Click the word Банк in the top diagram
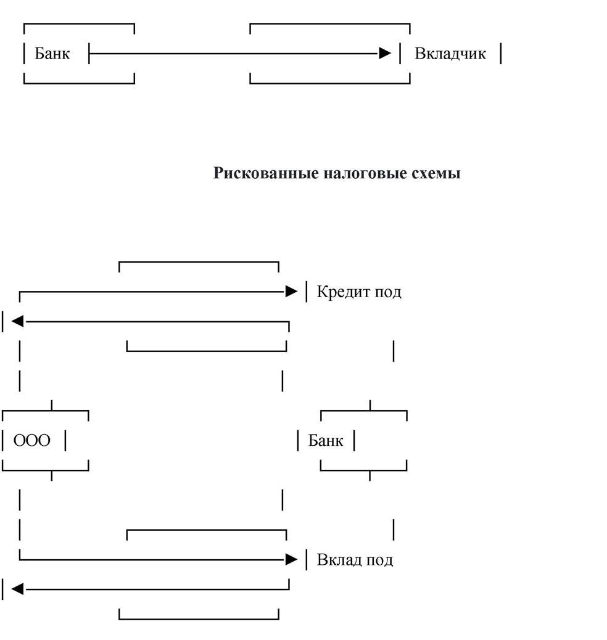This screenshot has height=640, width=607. point(52,54)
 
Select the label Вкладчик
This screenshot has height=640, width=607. point(450,54)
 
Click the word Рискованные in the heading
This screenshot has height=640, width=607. point(266,173)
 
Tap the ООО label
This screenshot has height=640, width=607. point(32,440)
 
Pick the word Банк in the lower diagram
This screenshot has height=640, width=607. point(326,440)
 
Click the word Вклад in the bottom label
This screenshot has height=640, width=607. point(339,560)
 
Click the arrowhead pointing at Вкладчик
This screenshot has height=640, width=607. point(385,53)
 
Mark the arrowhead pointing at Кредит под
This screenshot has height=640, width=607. point(291,292)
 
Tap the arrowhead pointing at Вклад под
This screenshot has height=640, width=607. point(291,560)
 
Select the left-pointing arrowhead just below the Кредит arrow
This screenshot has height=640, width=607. point(17,321)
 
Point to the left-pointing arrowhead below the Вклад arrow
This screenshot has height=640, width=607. point(17,589)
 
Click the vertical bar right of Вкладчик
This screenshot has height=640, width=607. point(501,54)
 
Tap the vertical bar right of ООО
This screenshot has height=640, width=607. point(65,440)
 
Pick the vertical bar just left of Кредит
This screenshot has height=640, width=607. point(307,292)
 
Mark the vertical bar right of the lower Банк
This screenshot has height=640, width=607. point(354,440)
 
